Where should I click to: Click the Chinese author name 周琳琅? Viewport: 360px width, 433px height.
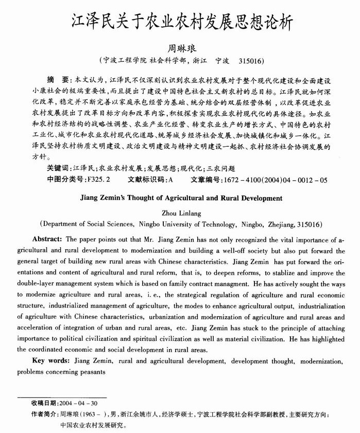(180, 48)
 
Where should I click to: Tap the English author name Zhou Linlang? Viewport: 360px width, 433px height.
(180, 213)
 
